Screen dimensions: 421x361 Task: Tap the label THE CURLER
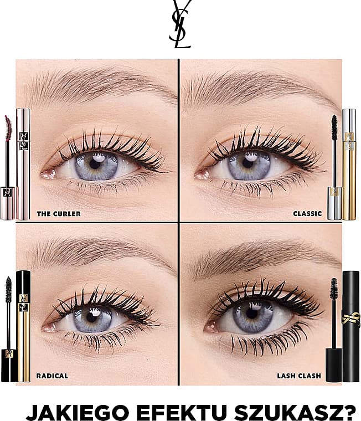pos(59,214)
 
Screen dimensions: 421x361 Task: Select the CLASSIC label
pos(308,214)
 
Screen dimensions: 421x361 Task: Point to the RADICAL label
pos(52,376)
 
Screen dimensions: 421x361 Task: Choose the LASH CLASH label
pos(299,376)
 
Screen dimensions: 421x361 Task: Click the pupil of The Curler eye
pos(95,163)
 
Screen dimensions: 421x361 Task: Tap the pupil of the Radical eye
pos(92,318)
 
